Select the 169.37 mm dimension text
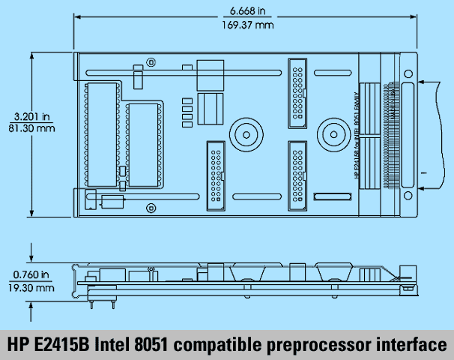pyautogui.click(x=245, y=24)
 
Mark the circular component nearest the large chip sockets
pyautogui.click(x=245, y=136)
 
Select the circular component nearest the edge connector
pyautogui.click(x=330, y=136)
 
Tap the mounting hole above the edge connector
pyautogui.click(x=408, y=73)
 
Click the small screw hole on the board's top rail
pyautogui.click(x=151, y=61)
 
